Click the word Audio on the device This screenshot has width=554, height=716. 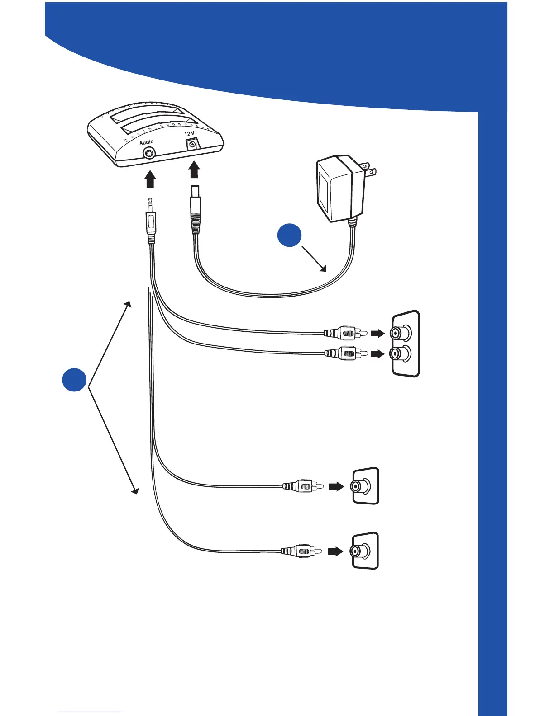click(146, 142)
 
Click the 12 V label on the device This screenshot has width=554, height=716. click(189, 134)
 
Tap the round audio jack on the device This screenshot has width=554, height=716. click(148, 153)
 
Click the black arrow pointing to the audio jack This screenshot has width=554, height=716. click(150, 179)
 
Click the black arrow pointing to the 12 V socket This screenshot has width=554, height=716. click(194, 171)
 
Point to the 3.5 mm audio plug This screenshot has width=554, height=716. click(150, 221)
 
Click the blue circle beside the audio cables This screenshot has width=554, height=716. click(75, 379)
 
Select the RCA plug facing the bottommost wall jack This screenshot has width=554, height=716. click(301, 551)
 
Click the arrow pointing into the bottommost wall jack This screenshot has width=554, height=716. click(335, 551)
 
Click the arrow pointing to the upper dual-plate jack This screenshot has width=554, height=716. click(377, 334)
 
